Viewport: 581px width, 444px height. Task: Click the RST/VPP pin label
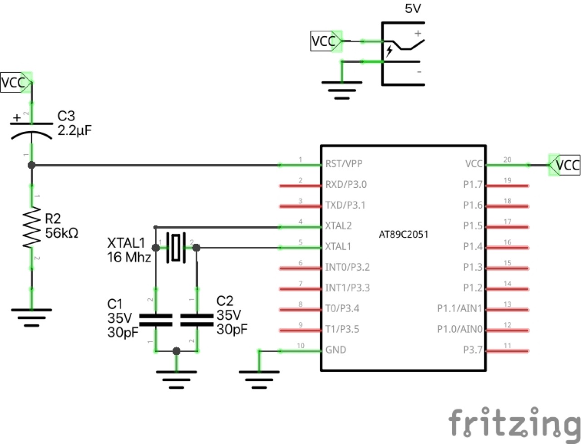344,164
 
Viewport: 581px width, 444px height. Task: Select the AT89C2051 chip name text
403,234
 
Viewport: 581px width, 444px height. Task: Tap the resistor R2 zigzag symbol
32,227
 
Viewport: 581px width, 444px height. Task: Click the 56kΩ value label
62,233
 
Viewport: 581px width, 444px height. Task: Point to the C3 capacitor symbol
31,129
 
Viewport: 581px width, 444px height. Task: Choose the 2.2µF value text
74,131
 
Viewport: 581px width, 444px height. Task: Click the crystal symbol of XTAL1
176,248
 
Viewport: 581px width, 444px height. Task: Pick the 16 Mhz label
129,258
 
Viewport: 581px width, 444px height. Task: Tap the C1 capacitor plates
156,320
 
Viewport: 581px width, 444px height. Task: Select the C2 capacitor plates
197,320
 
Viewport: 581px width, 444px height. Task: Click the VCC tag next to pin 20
565,165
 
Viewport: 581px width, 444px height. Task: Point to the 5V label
413,9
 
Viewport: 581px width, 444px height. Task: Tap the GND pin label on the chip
335,350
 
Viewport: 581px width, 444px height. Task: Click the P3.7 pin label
473,350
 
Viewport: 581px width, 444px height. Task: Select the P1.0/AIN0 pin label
459,329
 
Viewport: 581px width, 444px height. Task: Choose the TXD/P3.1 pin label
345,205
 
